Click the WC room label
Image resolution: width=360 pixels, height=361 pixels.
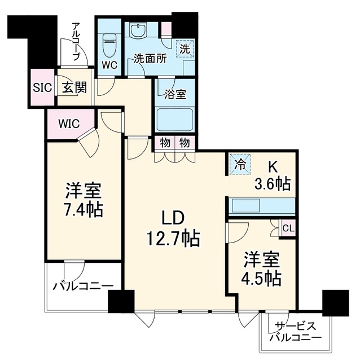coord(109,65)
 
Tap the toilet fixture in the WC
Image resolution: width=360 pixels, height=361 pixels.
coord(109,46)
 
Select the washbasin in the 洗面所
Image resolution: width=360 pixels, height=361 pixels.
coord(138,30)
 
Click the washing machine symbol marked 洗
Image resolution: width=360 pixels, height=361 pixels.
coord(185,49)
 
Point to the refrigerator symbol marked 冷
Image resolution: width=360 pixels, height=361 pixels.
coord(240,165)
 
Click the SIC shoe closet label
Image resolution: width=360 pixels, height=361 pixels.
coord(42,88)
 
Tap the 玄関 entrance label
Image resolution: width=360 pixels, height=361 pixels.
coord(74,87)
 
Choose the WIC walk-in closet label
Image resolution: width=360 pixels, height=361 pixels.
coord(69,124)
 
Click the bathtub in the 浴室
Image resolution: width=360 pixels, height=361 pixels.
coord(174,119)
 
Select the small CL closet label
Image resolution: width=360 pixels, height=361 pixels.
coord(288,228)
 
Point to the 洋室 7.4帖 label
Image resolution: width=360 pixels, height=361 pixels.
coord(84,199)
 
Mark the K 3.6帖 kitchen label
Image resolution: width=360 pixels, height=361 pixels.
coord(272,176)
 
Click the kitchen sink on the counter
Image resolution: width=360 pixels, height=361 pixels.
coord(246,206)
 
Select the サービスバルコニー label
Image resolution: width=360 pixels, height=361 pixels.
coord(296,332)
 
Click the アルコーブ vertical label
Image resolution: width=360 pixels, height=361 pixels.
coord(76,42)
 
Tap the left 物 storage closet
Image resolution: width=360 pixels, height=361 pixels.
coord(165,143)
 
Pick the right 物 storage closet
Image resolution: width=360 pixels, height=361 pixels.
coord(185,143)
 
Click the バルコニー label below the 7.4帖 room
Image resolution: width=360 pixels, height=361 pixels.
coord(83,287)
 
